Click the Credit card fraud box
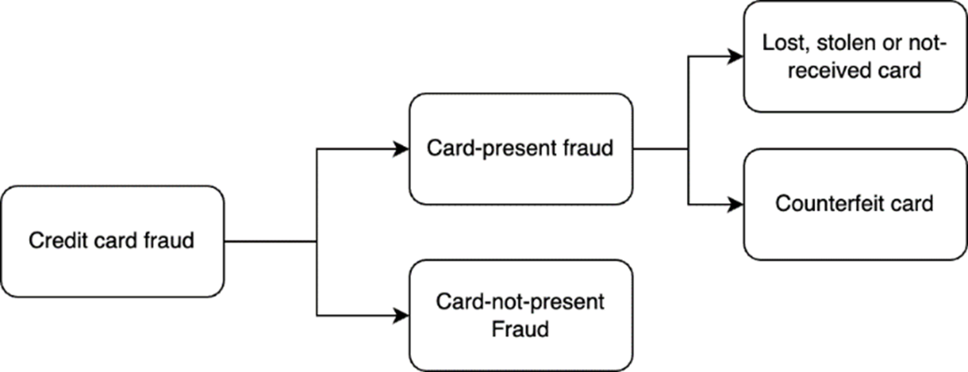coord(112,241)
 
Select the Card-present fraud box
coord(520,149)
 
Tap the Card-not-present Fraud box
coord(520,315)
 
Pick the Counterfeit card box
coord(855,204)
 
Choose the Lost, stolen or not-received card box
coord(855,56)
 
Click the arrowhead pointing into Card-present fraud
coord(402,149)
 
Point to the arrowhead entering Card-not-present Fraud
coord(402,315)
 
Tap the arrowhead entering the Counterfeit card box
coord(736,204)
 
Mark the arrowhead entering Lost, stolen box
coord(736,56)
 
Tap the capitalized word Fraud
coord(520,329)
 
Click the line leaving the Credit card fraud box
coord(270,241)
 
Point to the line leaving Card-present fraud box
coord(661,149)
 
